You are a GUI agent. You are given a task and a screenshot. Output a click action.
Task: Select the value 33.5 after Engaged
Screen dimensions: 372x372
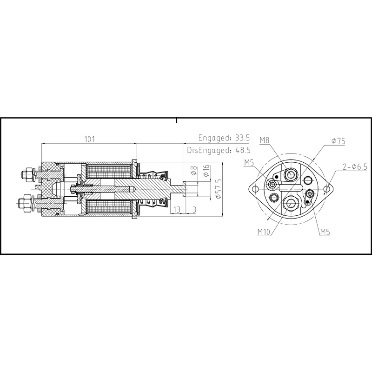(242, 138)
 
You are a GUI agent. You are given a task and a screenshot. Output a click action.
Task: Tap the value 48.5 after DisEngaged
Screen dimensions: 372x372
(242, 150)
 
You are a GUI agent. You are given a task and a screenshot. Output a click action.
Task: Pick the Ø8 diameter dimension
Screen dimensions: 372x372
(194, 171)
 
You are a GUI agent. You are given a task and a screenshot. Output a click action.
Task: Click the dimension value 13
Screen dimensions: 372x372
(176, 210)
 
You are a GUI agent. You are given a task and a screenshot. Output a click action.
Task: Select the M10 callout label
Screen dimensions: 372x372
(264, 231)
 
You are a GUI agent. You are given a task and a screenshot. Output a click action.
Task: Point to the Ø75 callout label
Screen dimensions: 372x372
(338, 142)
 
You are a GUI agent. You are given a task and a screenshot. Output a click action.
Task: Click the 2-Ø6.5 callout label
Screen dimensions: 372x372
(355, 166)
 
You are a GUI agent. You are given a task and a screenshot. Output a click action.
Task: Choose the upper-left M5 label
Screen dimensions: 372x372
(249, 162)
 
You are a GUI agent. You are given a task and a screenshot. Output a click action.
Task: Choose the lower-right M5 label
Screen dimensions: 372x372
(325, 231)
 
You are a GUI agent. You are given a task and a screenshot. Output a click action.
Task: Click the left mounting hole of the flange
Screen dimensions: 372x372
(255, 188)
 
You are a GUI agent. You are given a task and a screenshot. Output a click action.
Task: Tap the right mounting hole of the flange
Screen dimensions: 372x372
(328, 189)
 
